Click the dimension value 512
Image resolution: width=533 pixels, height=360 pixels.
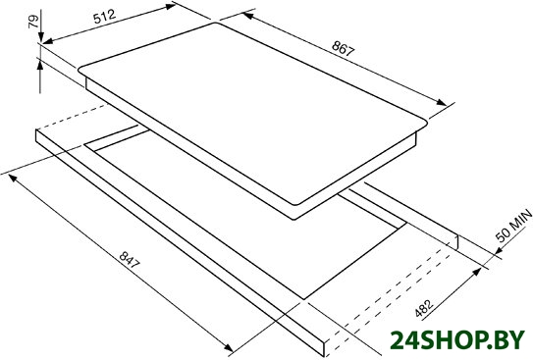point(105,17)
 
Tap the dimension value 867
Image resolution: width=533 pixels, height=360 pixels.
point(343,48)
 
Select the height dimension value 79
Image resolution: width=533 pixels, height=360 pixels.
point(34,23)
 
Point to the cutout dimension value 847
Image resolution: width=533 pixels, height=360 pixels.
point(130,260)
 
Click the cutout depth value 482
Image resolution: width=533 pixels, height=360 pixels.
point(424,309)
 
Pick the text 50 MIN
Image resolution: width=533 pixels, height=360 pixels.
point(514,226)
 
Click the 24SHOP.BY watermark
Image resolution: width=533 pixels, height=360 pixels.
point(457,340)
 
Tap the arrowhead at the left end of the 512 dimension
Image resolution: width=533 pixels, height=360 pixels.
point(47,41)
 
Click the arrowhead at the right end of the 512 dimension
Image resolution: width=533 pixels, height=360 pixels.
point(171,6)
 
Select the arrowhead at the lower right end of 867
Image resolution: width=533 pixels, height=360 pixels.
point(442,102)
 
